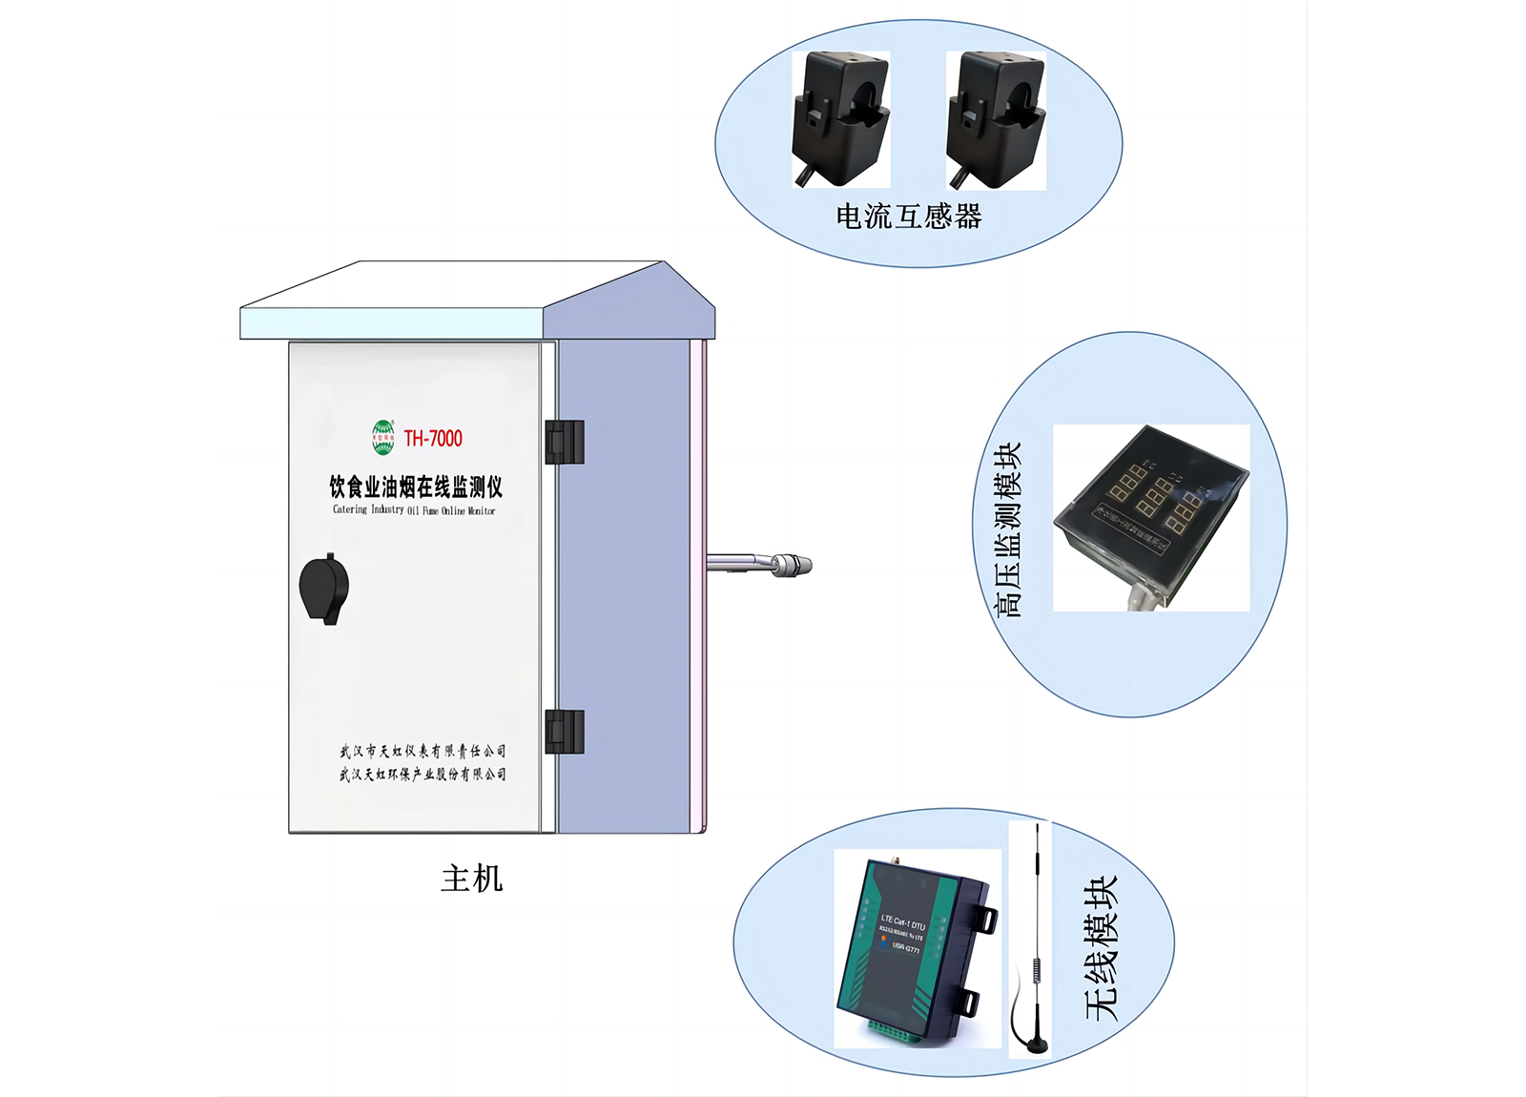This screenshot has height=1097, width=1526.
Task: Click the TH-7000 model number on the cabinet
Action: [433, 439]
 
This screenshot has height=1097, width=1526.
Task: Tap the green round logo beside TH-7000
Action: [382, 438]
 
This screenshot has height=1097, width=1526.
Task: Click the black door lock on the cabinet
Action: [324, 589]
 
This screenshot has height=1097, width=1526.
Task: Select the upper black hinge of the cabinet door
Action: [564, 442]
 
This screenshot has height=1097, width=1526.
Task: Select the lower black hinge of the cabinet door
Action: [564, 732]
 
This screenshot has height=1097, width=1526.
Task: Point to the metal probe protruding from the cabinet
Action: [763, 564]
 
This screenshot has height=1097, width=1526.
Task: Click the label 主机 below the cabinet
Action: [471, 879]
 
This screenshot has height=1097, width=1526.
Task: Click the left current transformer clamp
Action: [840, 118]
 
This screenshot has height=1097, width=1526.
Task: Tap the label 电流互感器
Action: [909, 217]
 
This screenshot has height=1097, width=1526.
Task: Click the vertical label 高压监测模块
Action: [1007, 529]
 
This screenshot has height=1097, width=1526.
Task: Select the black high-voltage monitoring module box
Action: [1151, 510]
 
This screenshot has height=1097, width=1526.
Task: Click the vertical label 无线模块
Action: [1101, 948]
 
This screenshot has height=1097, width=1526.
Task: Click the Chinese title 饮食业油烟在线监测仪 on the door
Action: [416, 487]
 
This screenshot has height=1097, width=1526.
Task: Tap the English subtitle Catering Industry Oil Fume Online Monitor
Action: [414, 510]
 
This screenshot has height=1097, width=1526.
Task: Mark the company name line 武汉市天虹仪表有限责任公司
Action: [423, 752]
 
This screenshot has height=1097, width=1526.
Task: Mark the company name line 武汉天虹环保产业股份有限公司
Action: [423, 774]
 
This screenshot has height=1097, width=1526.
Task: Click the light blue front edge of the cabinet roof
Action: [391, 323]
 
